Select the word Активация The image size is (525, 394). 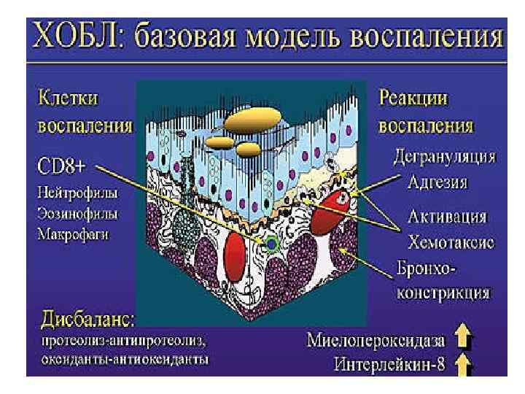pos(447,218)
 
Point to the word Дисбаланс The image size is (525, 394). pos(91,320)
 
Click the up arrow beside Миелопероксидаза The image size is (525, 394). pos(464,338)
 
